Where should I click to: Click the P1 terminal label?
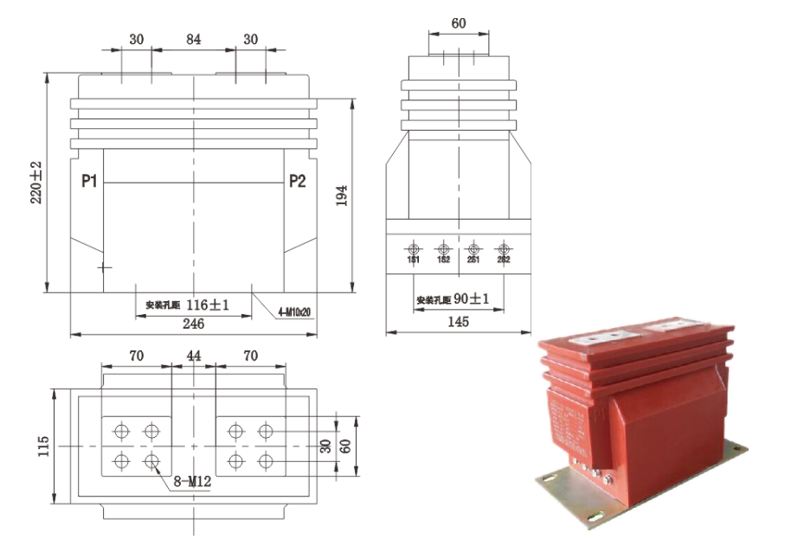89,181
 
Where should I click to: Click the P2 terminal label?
297,181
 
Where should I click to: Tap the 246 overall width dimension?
193,324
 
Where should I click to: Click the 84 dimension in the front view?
194,40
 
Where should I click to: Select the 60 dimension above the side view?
459,24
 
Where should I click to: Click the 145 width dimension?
458,322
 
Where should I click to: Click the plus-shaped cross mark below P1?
105,267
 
